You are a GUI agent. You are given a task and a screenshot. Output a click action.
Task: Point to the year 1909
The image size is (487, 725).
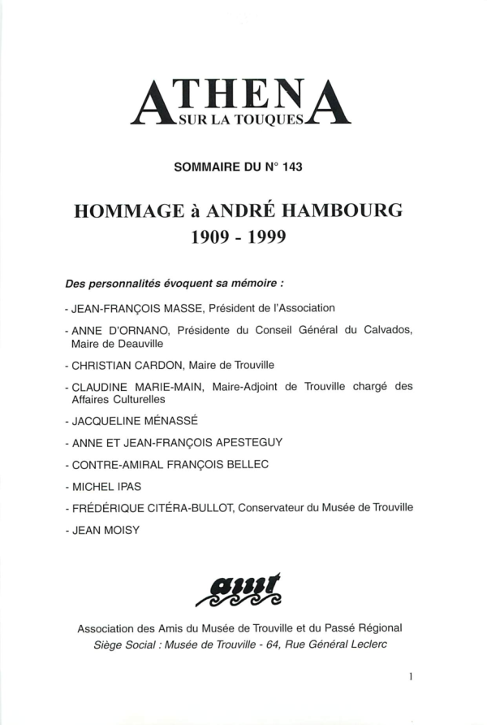tap(210, 237)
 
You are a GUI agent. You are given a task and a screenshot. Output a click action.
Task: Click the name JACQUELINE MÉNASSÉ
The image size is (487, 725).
tap(126, 422)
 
